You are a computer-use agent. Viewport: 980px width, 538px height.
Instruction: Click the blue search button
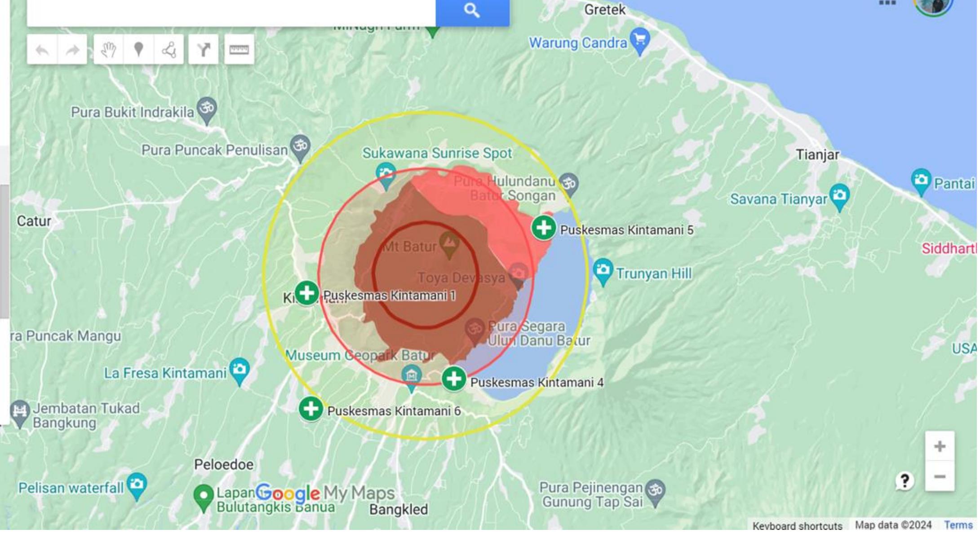[x=472, y=11]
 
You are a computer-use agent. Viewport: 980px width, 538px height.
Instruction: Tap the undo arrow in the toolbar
[x=42, y=50]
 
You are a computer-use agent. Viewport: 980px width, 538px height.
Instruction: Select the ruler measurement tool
[x=239, y=50]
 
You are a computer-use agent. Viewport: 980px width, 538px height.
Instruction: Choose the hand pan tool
[x=108, y=50]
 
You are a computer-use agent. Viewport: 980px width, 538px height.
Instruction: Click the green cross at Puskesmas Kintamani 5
[x=544, y=228]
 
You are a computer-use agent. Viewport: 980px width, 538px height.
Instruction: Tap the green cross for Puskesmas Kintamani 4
[x=454, y=379]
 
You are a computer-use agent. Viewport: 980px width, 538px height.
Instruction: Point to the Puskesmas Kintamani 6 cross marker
[x=310, y=409]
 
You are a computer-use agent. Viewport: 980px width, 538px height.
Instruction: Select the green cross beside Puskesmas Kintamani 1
[x=307, y=293]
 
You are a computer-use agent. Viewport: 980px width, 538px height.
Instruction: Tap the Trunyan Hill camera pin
[x=603, y=270]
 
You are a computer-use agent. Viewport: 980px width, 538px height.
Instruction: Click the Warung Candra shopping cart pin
[x=640, y=40]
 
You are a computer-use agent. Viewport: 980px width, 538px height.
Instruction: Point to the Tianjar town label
[x=817, y=155]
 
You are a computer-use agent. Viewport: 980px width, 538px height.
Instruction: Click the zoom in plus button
[x=940, y=446]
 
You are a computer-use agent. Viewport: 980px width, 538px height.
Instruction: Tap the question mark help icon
[x=905, y=481]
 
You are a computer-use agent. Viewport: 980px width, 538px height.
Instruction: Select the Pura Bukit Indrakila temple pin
[x=207, y=109]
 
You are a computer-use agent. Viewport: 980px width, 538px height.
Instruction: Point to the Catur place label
[x=34, y=221]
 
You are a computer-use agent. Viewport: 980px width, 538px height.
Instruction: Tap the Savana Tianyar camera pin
[x=840, y=196]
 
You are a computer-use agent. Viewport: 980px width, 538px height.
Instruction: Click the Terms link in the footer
[x=958, y=525]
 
